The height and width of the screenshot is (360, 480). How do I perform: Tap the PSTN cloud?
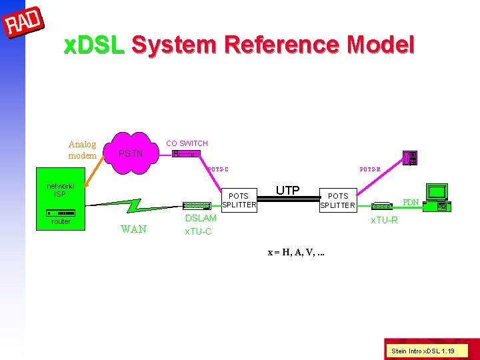(131, 154)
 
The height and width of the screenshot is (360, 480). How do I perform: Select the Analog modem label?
(82, 150)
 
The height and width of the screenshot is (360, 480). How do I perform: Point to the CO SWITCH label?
(187, 143)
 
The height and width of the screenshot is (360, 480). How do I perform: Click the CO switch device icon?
(186, 154)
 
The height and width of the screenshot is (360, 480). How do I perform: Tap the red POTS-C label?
(218, 169)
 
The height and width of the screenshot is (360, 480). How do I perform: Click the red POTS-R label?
(370, 169)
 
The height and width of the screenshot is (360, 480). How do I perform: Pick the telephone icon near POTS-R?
(410, 159)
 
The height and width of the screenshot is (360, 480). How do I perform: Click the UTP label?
(287, 191)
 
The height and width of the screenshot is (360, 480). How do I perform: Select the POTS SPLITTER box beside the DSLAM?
(239, 201)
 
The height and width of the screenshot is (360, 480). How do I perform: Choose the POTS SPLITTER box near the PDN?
(337, 201)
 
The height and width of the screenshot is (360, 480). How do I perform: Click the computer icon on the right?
(439, 197)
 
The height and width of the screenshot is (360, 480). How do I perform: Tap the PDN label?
(411, 202)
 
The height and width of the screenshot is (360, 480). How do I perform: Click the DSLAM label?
(201, 219)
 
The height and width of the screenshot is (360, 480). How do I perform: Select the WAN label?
(133, 230)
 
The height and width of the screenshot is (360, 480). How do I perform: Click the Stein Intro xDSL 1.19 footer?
(423, 350)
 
